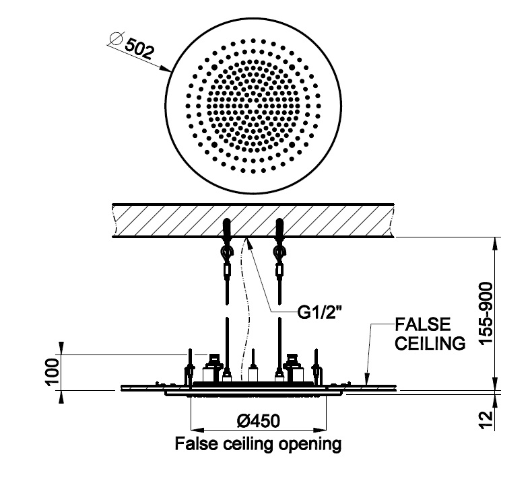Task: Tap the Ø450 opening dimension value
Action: [x=259, y=421]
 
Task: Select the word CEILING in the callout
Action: [x=428, y=344]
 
